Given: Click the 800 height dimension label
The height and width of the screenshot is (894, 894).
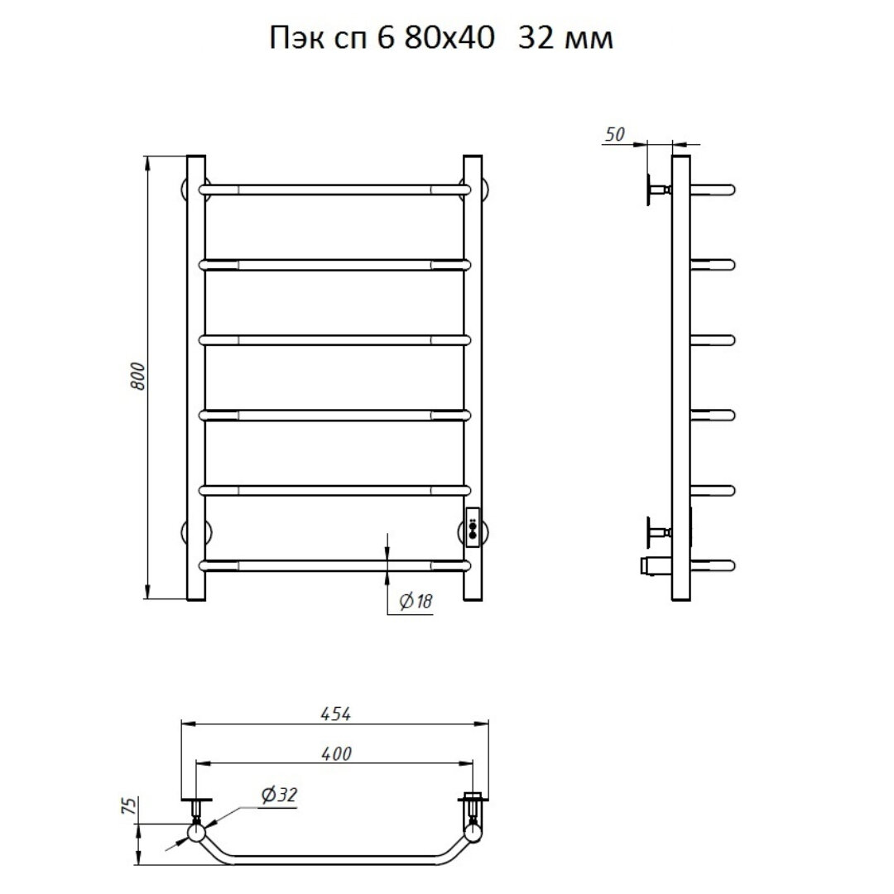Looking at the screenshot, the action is [x=138, y=376].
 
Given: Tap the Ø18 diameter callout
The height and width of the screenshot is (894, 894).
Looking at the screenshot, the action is [x=416, y=601].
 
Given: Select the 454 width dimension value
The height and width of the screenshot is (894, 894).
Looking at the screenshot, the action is [x=335, y=714].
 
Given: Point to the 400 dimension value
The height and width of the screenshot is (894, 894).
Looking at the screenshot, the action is [x=336, y=754].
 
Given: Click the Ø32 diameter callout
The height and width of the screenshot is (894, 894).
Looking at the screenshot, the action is [x=280, y=795].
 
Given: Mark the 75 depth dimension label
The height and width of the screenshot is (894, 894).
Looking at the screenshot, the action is [x=130, y=805].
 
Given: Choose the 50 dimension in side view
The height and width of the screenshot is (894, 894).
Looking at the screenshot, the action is [x=614, y=135].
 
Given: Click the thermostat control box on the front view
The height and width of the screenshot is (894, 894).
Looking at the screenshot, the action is [x=473, y=527].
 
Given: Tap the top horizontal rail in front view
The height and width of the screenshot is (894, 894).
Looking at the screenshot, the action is [x=334, y=190].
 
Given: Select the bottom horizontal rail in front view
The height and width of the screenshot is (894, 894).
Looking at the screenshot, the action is [x=334, y=565].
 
